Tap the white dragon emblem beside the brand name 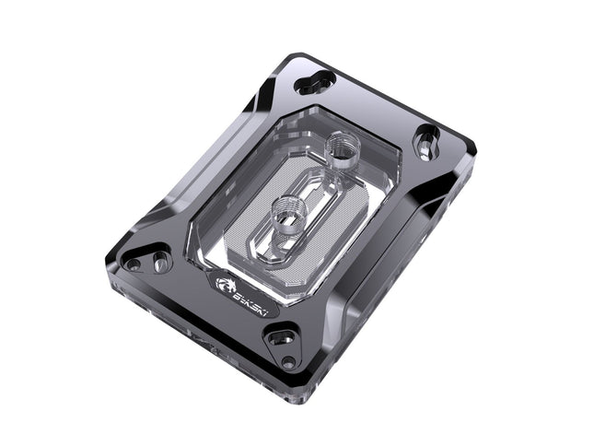tap(226, 286)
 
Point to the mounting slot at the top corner tap(315, 82)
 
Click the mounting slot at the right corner tap(427, 143)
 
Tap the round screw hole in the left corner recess tap(134, 264)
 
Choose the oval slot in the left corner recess tap(159, 262)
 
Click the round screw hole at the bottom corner tap(288, 363)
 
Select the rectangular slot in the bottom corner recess tap(281, 337)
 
